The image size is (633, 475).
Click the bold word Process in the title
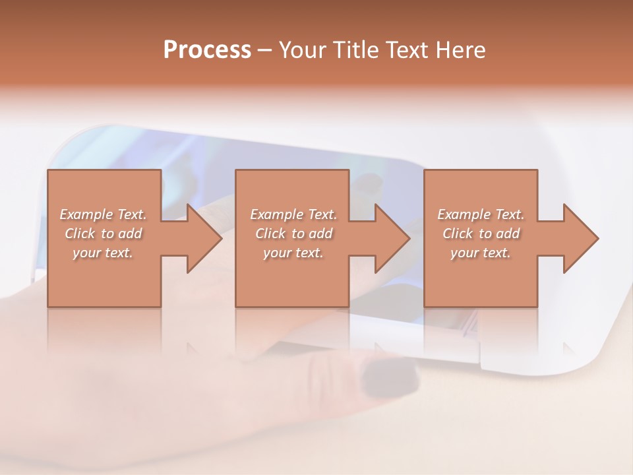207,50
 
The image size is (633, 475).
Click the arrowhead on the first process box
201,238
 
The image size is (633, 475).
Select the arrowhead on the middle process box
390,238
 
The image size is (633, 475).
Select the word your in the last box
466,253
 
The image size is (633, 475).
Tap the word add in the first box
131,234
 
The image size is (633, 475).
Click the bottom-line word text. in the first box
118,253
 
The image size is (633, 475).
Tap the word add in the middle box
321,234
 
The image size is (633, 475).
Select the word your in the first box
87,253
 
